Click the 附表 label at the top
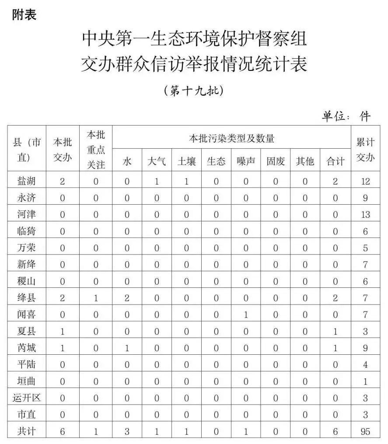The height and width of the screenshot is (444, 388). point(24,14)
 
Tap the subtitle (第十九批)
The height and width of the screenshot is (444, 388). point(193,91)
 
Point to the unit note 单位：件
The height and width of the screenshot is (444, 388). point(346,116)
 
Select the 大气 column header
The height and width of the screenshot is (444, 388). point(156,161)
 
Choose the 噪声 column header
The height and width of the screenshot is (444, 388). point(246,161)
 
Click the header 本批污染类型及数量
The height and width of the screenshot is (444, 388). point(231,139)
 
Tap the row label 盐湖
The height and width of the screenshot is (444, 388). point(27,181)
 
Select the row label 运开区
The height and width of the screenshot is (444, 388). point(27,398)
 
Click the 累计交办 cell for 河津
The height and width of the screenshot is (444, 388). point(365,214)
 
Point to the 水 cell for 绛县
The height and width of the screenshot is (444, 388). point(127,298)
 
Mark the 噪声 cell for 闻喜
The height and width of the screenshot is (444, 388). point(246,315)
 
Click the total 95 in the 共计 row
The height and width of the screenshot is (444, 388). point(365,431)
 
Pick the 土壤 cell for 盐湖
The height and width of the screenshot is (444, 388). point(186,181)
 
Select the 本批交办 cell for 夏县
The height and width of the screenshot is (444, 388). point(63,331)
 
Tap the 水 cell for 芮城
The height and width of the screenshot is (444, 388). point(127,348)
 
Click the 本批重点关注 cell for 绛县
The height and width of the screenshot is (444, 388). point(96,298)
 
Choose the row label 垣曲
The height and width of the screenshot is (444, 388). point(27,381)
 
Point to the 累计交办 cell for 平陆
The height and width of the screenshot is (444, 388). point(365,364)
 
